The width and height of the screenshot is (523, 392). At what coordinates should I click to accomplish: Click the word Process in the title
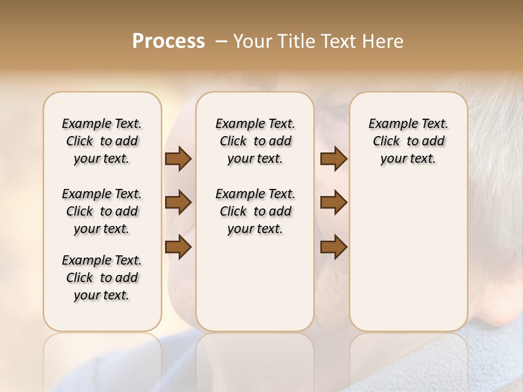[168, 41]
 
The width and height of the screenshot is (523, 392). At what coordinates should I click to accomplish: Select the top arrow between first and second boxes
[178, 159]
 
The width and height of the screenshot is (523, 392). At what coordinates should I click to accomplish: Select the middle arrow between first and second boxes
[178, 203]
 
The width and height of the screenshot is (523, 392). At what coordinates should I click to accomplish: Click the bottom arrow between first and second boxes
[178, 247]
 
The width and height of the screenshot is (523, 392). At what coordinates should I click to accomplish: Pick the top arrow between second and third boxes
[333, 159]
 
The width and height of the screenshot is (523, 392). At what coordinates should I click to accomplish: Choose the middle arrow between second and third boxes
[333, 203]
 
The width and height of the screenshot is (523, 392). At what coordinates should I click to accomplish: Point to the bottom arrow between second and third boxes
[333, 247]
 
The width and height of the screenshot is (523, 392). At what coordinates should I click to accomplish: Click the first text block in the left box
[102, 141]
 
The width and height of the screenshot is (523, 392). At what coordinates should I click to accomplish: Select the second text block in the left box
[102, 211]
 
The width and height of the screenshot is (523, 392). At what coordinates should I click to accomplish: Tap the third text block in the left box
[102, 278]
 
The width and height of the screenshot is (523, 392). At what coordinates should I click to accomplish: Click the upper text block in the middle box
[255, 141]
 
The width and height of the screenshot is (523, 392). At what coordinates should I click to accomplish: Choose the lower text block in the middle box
[255, 211]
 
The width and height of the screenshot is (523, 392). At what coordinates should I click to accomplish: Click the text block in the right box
[409, 141]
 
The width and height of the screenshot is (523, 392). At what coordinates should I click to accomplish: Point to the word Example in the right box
[390, 124]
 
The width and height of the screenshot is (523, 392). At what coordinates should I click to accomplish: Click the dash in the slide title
[221, 41]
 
